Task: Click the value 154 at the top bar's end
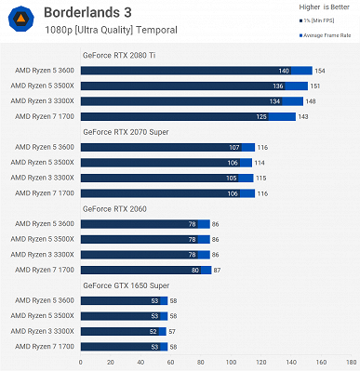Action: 320,71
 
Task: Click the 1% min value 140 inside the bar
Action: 283,71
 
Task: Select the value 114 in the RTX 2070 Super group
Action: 261,163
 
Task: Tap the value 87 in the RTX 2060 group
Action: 216,270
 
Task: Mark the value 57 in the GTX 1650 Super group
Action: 173,331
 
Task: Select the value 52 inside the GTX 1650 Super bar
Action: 153,331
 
